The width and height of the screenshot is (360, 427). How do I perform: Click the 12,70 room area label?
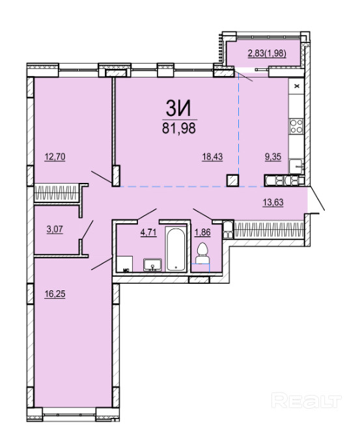[55, 157]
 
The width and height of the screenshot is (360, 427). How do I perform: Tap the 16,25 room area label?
[55, 294]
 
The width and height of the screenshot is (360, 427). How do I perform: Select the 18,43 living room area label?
[212, 157]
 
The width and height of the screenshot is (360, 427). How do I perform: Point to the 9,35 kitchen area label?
[273, 157]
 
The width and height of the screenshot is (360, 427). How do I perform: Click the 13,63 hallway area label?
[273, 202]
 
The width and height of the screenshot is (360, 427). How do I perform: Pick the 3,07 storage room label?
[55, 229]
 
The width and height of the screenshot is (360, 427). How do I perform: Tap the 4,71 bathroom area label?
[148, 232]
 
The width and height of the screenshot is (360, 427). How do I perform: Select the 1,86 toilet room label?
[202, 232]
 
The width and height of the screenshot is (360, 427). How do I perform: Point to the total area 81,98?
[179, 128]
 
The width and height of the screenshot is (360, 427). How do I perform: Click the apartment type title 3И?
[178, 109]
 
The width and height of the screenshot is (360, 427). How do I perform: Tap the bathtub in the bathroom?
[176, 249]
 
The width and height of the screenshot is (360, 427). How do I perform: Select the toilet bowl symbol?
[202, 253]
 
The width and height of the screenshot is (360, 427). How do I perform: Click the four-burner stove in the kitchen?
[296, 126]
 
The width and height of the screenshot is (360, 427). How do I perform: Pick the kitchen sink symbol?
[296, 166]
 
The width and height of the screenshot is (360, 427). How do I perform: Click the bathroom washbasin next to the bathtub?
[152, 265]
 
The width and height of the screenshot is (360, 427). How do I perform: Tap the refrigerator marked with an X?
[296, 87]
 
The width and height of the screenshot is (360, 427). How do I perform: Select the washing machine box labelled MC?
[125, 264]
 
